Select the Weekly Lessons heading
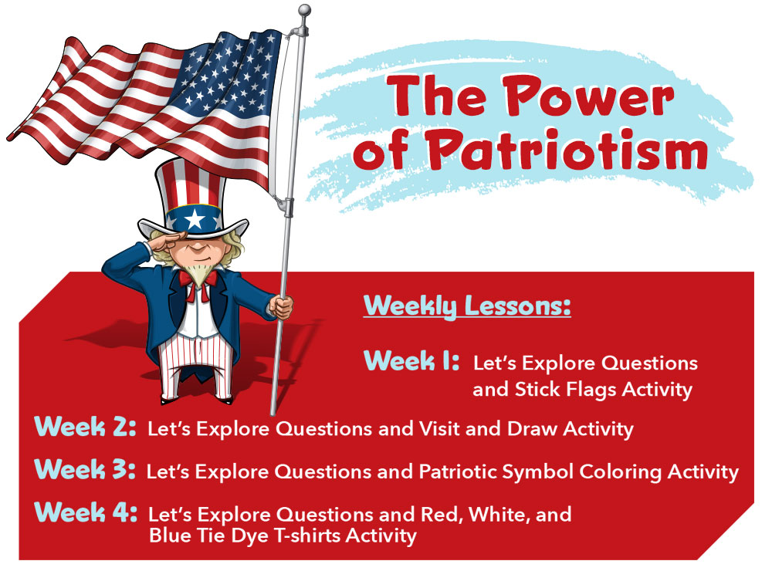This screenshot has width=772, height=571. pyautogui.click(x=467, y=306)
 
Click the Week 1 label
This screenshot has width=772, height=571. pyautogui.click(x=412, y=360)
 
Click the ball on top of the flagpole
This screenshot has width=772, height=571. pyautogui.click(x=303, y=10)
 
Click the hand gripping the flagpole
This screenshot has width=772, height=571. pyautogui.click(x=283, y=307)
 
